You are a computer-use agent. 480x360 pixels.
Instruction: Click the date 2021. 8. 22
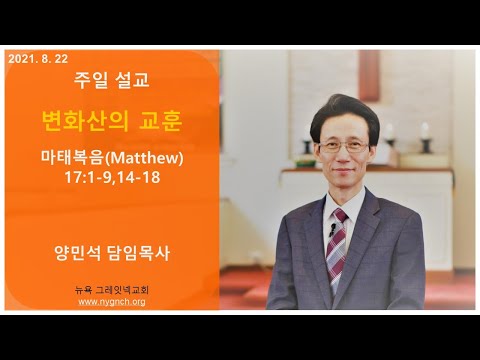[x=38, y=59]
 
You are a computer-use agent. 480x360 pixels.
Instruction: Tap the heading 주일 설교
[x=112, y=80]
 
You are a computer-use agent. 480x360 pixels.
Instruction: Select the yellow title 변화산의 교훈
[x=112, y=121]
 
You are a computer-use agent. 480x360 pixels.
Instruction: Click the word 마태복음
[x=72, y=157]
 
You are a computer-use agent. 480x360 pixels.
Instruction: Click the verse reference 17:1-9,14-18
[x=112, y=177]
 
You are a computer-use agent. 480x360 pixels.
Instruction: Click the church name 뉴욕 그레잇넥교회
[x=112, y=290]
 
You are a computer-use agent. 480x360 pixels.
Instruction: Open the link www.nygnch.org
[x=112, y=302]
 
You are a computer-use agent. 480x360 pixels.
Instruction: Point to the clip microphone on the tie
[x=332, y=229]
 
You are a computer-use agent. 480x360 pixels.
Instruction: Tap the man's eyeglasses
[x=344, y=147]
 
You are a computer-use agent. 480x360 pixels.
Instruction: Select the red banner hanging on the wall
[x=369, y=75]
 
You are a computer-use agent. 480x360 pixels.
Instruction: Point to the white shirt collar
[x=343, y=203]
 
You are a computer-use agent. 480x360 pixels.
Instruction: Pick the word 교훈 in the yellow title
[x=161, y=121]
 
